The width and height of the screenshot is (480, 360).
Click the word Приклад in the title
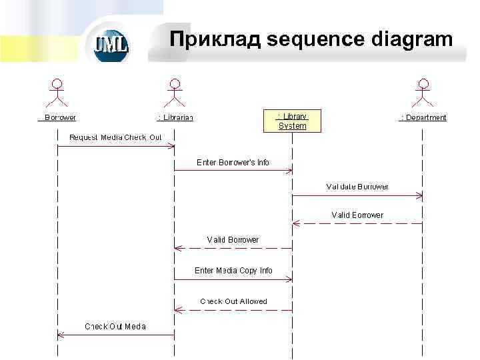tap(215, 39)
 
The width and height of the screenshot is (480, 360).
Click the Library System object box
tap(292, 121)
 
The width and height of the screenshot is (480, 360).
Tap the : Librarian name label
tap(175, 117)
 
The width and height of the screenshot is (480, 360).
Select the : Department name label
tap(423, 117)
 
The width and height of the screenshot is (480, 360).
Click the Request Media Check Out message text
tap(116, 137)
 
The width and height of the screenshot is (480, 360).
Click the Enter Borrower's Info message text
tap(233, 162)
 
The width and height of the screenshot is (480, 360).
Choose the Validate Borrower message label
tap(357, 187)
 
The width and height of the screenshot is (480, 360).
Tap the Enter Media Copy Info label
tap(233, 271)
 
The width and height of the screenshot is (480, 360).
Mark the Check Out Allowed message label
tap(233, 301)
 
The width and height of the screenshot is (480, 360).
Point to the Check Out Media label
tap(115, 326)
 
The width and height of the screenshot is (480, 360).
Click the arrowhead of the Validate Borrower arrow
tap(419, 195)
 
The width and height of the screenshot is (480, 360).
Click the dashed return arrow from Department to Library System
tap(357, 223)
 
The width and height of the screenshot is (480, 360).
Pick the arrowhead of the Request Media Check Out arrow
tap(171, 146)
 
